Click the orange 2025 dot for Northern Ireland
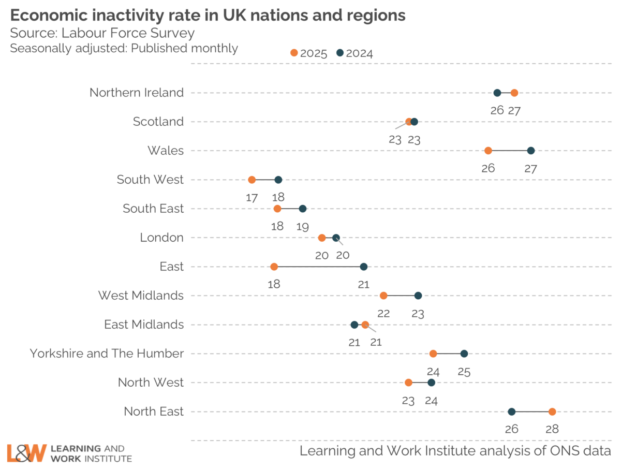pos(514,93)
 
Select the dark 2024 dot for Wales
pos(531,151)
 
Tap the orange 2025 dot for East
pos(274,267)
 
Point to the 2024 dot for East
pos(364,267)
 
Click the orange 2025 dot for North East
pos(552,412)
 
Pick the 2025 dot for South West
pos(252,180)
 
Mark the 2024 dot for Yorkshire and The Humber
pos(464,354)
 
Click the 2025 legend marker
pos(294,53)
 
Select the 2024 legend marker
pos(340,53)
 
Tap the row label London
pos(161,238)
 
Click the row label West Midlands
pos(141,296)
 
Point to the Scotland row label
pos(158,122)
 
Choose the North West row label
pos(151,383)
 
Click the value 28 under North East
pos(552,429)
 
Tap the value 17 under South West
pos(252,197)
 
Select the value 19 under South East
pos(303,226)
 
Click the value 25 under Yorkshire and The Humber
pos(464,371)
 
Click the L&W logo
pos(27,452)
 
